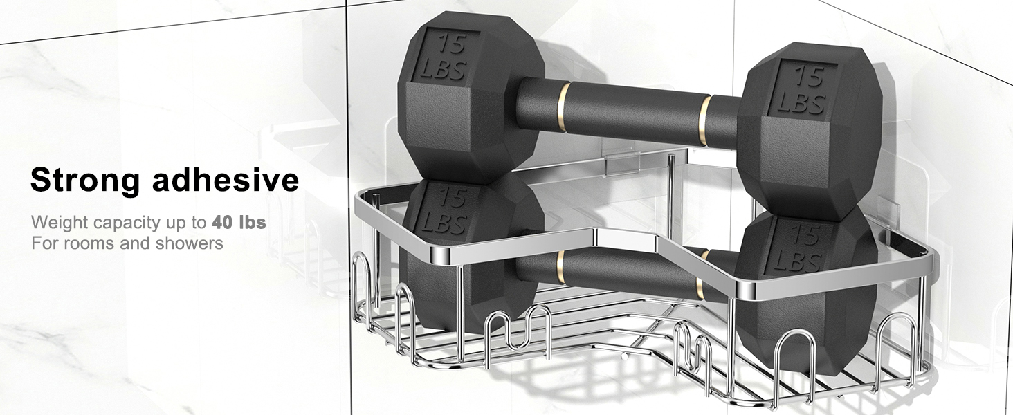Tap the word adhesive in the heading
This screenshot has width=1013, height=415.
(x=225, y=180)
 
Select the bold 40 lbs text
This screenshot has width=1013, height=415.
(x=239, y=223)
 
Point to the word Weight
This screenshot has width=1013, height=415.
(x=60, y=223)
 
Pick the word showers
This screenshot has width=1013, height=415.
(x=189, y=243)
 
